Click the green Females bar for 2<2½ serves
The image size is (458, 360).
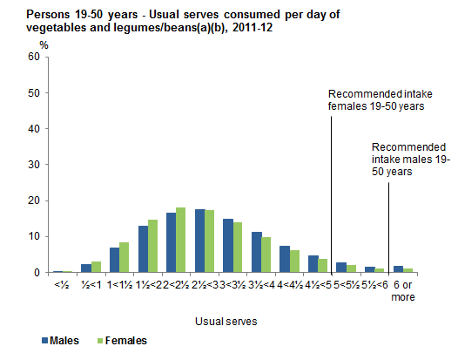180,240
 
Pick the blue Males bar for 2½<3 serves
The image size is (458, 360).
199,241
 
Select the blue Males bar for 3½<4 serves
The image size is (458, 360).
257,252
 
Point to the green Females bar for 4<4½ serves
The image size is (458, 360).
294,261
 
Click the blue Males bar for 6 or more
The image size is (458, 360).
399,268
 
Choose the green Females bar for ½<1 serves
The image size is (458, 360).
96,267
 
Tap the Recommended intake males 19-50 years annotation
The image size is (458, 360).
408,160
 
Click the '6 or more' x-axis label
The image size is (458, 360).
404,290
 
